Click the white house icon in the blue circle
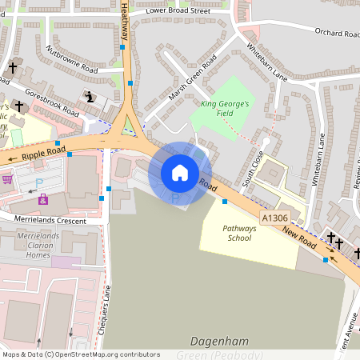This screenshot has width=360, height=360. point(180,173)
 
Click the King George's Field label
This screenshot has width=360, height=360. point(226,110)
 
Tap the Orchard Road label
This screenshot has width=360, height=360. point(338,34)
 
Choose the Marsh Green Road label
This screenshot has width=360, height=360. point(193,82)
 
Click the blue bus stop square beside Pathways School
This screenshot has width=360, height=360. point(224,202)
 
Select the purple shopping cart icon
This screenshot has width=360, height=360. point(7,178)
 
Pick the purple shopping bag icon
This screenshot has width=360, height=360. point(42,199)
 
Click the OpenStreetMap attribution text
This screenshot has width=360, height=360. point(81,354)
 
